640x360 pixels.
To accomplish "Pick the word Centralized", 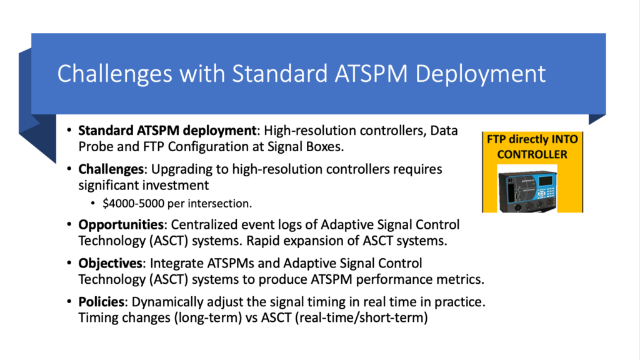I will point(203,224).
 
